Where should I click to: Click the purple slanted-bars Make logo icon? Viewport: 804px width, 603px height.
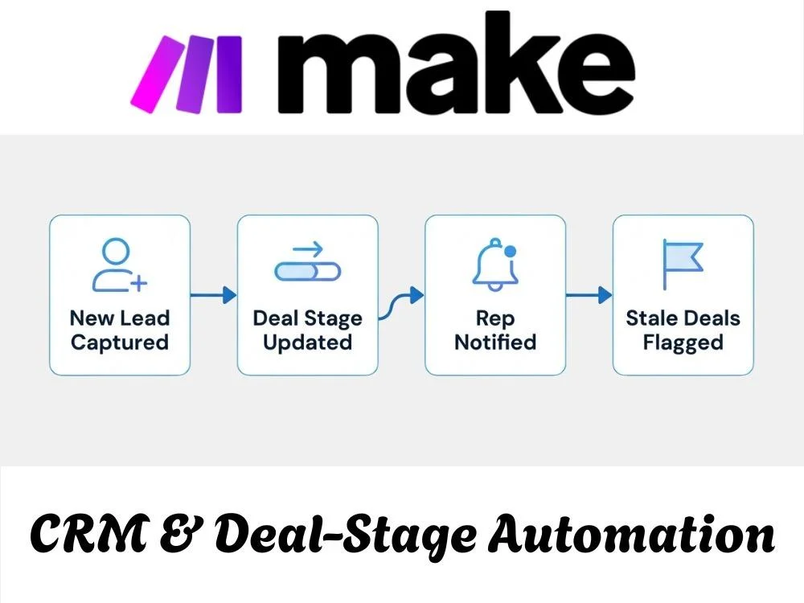coord(187,74)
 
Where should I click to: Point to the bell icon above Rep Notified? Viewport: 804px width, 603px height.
coord(495,265)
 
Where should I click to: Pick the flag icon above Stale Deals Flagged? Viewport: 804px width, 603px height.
coord(683,264)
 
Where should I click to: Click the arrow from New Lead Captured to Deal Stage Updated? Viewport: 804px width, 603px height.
coord(213,295)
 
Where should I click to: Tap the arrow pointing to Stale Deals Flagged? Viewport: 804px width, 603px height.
coord(589,295)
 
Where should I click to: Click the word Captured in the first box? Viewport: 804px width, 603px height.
coord(120,343)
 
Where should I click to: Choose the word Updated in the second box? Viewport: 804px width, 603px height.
coord(308,343)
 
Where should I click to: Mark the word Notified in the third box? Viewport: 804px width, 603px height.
coord(495,342)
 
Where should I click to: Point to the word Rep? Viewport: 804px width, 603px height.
coord(494,319)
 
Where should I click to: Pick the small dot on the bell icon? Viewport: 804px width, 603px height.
coord(511,251)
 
